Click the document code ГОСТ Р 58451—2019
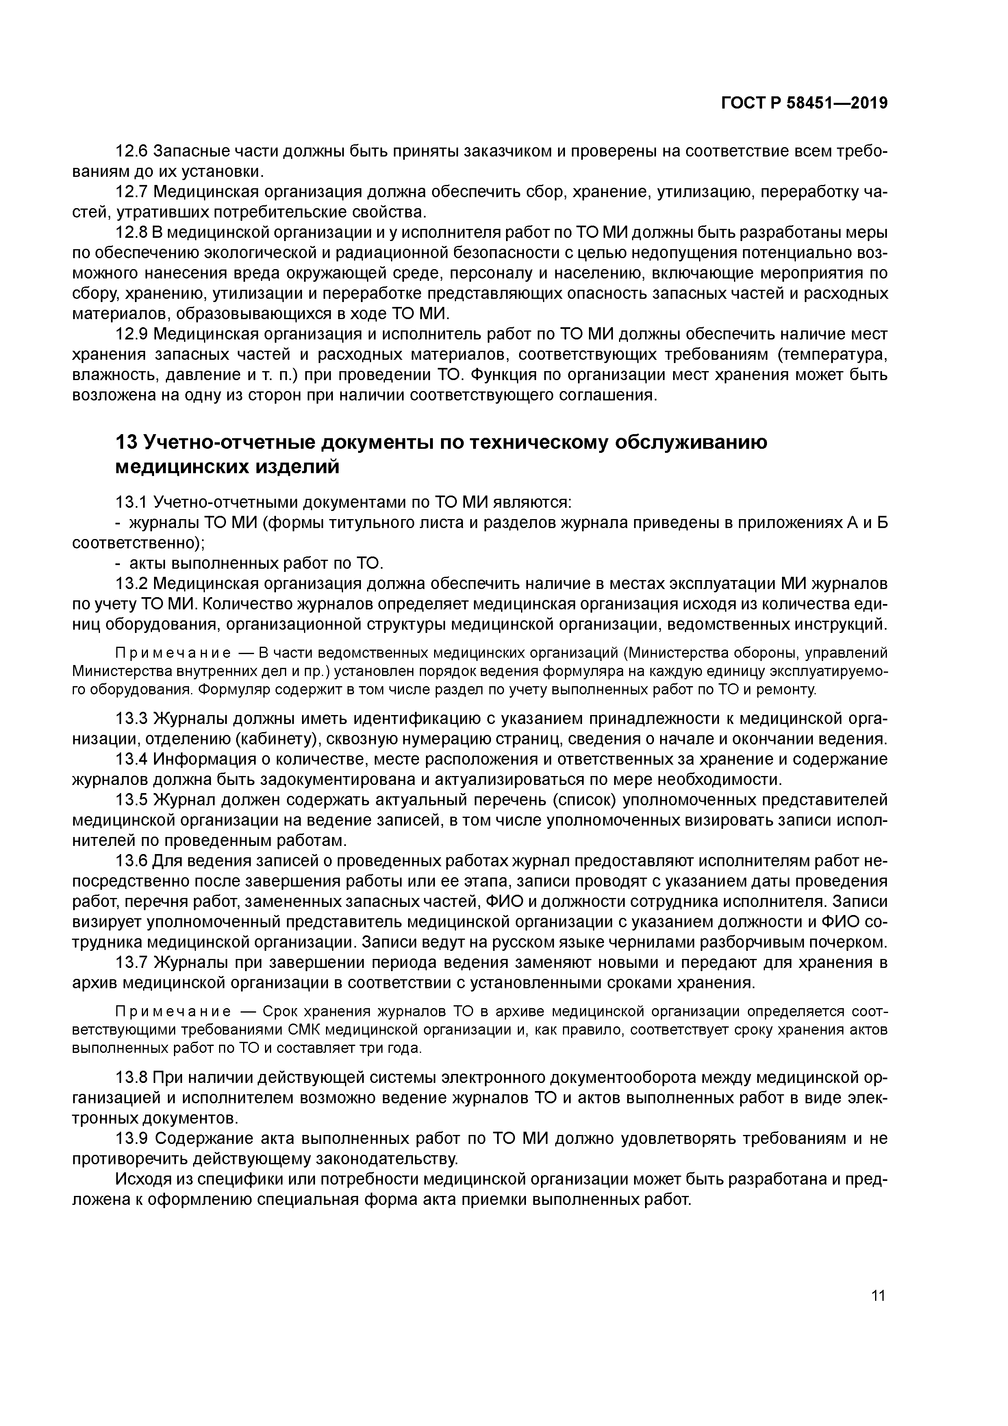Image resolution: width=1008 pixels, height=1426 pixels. click(804, 103)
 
